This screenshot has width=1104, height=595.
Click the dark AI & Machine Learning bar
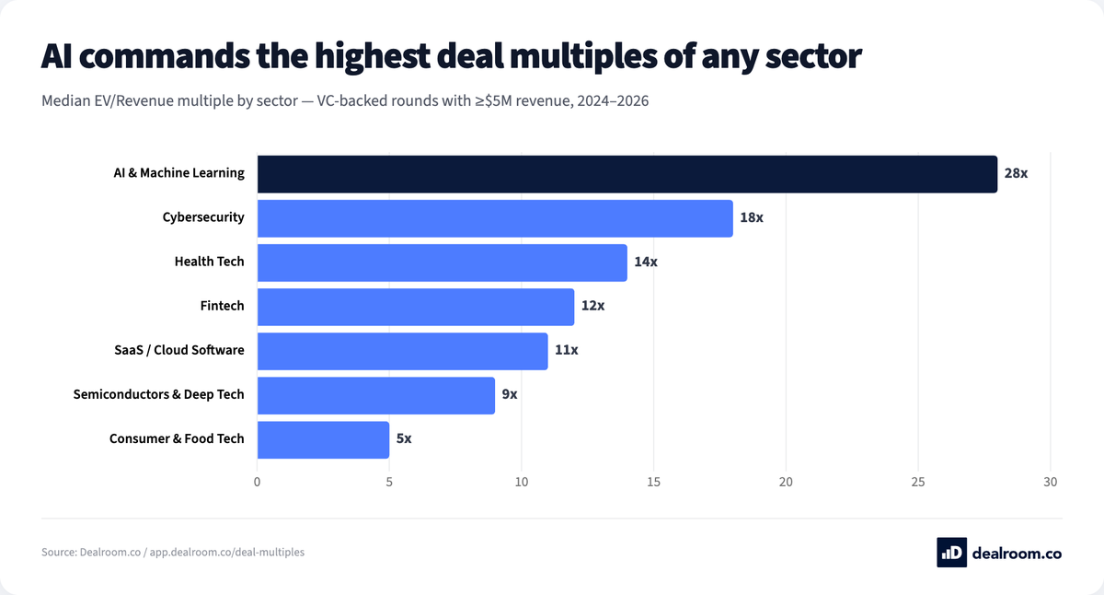627,174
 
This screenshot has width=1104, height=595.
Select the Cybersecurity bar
495,218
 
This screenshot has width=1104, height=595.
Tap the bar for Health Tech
442,262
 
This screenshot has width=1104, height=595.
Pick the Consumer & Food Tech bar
323,439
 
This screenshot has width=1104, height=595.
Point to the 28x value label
1016,174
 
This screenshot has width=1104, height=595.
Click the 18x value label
752,218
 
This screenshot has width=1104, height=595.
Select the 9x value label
509,395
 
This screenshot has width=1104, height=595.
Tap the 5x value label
403,439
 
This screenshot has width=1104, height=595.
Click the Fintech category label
223,306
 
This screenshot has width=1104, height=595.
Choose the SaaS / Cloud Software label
178,350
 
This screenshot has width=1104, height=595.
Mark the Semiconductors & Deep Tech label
159,394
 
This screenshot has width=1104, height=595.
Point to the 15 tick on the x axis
654,482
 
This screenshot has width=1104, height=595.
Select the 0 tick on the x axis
258,482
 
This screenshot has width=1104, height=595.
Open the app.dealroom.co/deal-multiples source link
226,553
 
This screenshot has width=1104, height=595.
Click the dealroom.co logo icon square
951,552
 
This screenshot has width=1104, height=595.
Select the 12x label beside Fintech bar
592,307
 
